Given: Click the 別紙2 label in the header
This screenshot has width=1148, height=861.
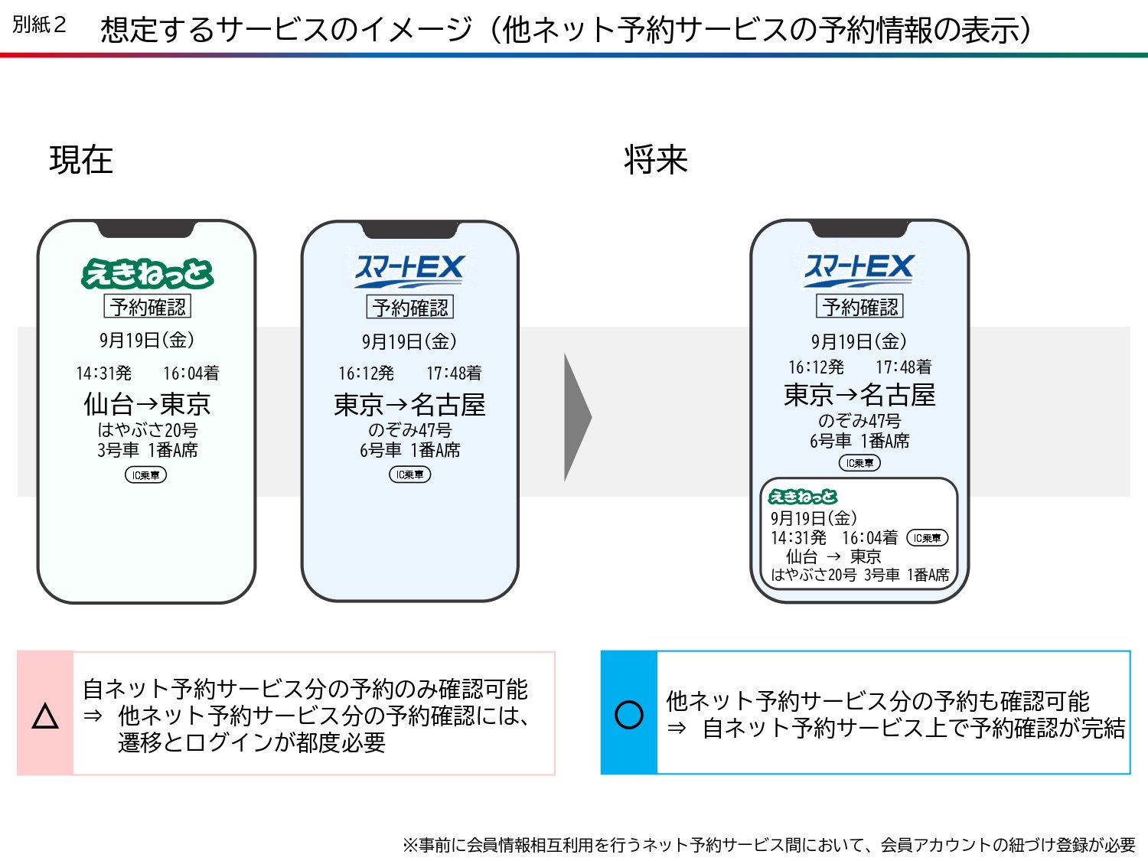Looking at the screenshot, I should tap(39, 24).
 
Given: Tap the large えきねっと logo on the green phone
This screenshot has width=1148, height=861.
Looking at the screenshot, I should tap(147, 274).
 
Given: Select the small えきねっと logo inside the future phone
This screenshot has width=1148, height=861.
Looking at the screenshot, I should tap(803, 497).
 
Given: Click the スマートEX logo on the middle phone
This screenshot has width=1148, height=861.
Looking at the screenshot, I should tap(409, 270).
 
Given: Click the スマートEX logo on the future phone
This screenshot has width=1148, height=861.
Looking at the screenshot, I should tap(859, 269).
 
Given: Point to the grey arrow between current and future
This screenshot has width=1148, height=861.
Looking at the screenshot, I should tap(577, 418).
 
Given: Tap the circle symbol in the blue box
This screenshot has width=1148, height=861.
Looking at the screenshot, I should tap(629, 715).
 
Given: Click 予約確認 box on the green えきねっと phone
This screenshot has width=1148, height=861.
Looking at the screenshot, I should tap(147, 307).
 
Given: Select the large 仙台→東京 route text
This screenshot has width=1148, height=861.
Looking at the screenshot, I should tap(147, 403).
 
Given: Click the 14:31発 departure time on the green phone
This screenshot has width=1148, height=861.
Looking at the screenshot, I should tap(103, 373).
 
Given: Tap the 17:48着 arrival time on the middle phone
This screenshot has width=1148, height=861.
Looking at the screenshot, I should tap(454, 373).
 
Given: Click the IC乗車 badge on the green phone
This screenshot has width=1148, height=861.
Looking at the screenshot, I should tap(145, 475).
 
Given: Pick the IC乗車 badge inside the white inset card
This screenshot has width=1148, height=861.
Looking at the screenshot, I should tap(927, 538).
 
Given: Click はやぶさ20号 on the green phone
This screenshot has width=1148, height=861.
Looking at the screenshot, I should tap(147, 430).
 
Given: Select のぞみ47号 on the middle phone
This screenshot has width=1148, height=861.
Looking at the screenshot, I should tap(409, 430).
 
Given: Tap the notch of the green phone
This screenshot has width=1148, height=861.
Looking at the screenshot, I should tap(145, 228).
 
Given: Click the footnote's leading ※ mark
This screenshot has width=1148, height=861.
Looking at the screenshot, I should tap(410, 845).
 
